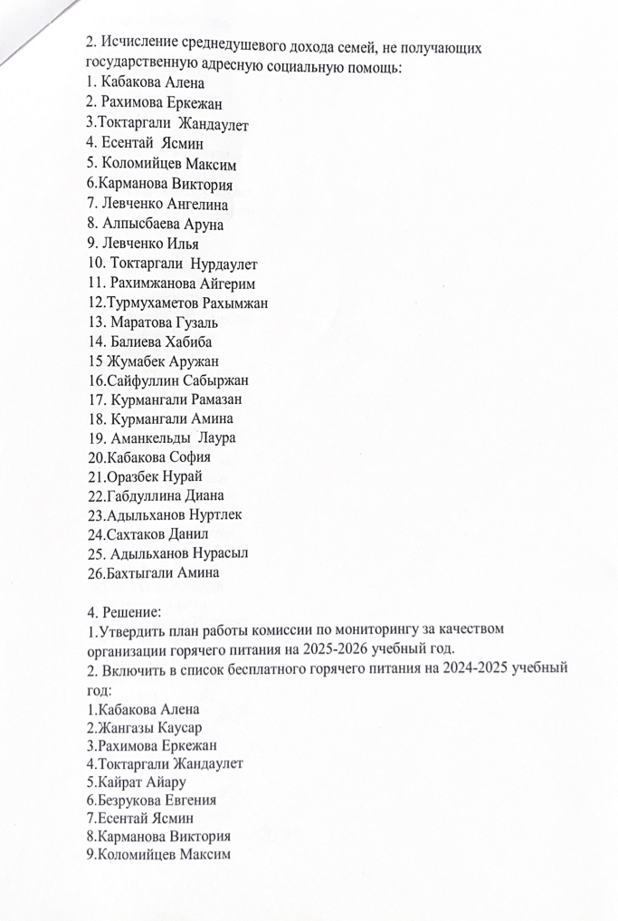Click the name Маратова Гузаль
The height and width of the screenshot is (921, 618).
(x=163, y=322)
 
